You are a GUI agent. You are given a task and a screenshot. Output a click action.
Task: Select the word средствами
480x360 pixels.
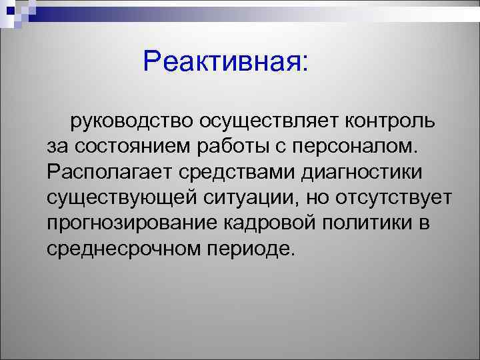237,173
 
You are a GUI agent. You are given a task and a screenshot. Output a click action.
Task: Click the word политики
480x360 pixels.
359,223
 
